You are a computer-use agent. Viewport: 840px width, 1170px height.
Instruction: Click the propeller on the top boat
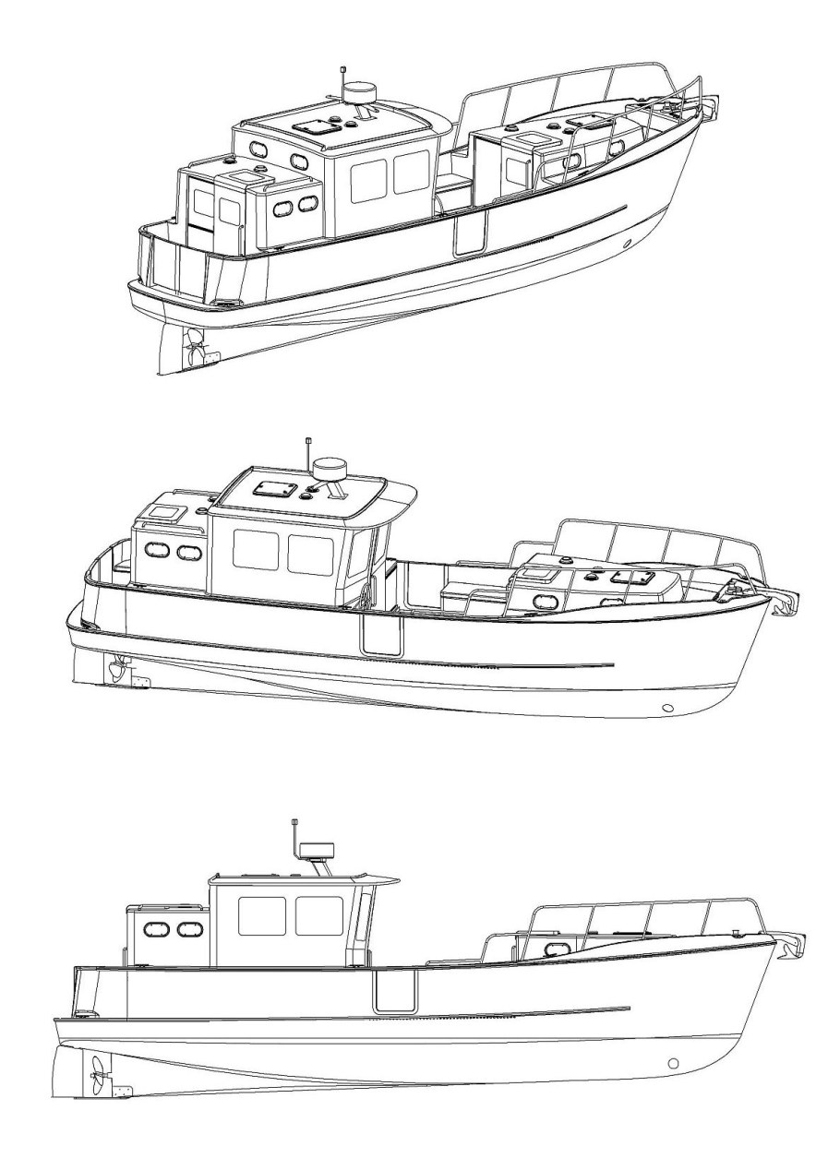point(195,350)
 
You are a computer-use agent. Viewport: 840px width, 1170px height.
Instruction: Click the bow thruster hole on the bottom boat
point(673,1064)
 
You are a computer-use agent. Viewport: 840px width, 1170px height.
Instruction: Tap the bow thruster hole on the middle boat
point(667,709)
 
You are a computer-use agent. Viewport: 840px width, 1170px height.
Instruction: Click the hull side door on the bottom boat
point(394,988)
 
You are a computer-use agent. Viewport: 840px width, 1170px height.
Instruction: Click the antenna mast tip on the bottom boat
point(294,821)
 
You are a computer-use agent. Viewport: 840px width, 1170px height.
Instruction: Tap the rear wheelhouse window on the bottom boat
point(261,916)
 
